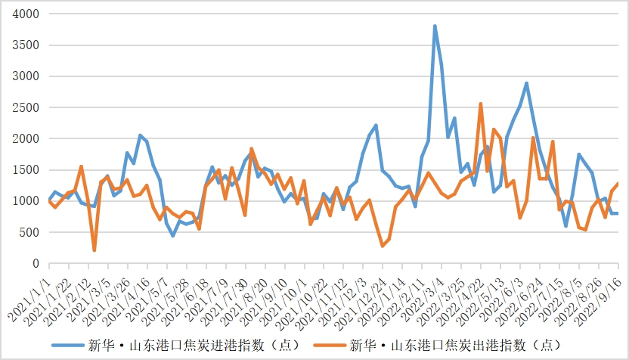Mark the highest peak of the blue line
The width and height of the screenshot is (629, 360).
click(x=435, y=26)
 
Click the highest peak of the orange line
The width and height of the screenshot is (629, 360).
click(x=481, y=104)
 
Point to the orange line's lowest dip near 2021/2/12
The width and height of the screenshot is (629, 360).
click(x=95, y=250)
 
